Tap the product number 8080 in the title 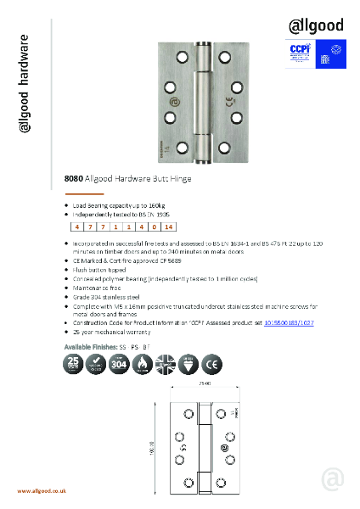[74, 179]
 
